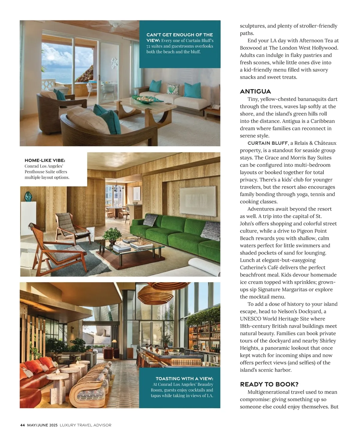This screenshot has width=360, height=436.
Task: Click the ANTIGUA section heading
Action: (255, 91)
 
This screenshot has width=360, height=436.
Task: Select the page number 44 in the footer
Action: (22, 425)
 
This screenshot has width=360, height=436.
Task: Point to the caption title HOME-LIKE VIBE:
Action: (45, 160)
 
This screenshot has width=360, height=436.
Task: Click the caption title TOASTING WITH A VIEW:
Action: (184, 379)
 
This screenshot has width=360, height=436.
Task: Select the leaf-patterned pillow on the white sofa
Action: (173, 89)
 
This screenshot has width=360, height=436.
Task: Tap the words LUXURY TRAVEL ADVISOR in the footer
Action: (85, 425)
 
